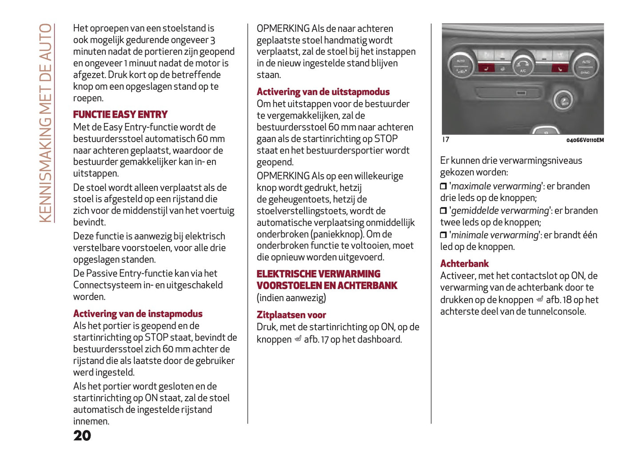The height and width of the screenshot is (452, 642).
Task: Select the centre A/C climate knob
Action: click(523, 65)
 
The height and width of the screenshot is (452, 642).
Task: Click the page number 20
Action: click(82, 436)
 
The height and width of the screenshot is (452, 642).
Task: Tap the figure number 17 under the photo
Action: click(446, 140)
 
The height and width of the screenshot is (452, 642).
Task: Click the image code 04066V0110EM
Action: click(585, 140)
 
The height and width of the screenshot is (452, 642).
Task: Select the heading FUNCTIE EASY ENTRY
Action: click(120, 115)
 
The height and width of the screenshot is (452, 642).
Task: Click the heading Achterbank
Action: click(464, 264)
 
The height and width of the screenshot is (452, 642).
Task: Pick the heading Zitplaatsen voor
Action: click(291, 315)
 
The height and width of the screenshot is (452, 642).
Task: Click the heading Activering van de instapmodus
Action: click(138, 314)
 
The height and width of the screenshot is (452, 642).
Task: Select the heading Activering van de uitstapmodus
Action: click(323, 92)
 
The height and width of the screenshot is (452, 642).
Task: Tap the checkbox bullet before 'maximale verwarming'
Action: click(443, 186)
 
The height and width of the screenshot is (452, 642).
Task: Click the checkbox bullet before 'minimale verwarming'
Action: click(443, 235)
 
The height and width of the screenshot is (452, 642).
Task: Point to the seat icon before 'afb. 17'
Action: click(298, 339)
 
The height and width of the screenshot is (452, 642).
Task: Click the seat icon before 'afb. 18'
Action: click(540, 300)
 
